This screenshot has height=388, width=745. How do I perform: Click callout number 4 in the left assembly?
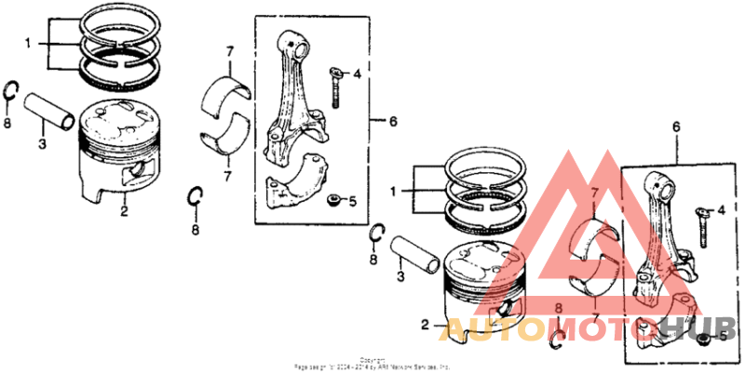pyautogui.click(x=358, y=72)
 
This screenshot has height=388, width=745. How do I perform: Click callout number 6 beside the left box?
pyautogui.click(x=393, y=121)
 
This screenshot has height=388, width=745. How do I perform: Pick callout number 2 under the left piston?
pyautogui.click(x=123, y=211)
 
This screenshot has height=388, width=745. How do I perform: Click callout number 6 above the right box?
pyautogui.click(x=676, y=125)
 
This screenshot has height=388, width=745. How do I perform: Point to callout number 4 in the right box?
pyautogui.click(x=721, y=212)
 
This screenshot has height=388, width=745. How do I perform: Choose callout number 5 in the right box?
pyautogui.click(x=722, y=335)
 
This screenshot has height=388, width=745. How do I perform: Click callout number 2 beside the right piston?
pyautogui.click(x=425, y=326)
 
